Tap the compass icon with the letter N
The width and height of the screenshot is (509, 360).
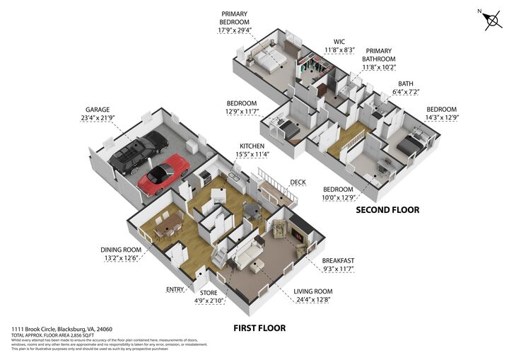pos(491,19)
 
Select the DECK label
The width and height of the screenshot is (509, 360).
pos(299,182)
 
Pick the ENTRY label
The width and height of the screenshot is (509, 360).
pos(175,289)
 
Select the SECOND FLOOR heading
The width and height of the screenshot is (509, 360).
pos(387,210)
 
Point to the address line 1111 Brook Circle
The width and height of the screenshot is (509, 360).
pos(62,330)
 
